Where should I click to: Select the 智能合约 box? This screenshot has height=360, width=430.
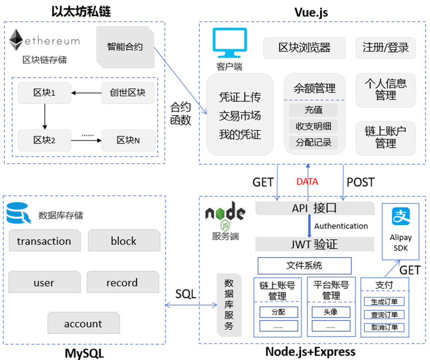tap(124, 47)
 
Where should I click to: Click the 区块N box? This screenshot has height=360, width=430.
tap(128, 140)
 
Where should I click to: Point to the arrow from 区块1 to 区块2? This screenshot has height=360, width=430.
tap(44, 115)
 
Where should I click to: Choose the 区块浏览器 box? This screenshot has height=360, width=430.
tap(304, 48)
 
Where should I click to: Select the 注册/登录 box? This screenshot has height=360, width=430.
tap(386, 48)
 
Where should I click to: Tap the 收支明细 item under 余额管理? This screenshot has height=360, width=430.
tap(313, 126)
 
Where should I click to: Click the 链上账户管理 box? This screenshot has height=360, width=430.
tap(386, 137)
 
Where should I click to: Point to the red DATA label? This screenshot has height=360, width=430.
tap(307, 182)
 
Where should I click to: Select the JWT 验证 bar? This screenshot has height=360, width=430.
tap(315, 244)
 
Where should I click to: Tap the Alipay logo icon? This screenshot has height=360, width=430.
tap(400, 217)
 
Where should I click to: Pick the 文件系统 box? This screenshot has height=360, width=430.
tap(304, 266)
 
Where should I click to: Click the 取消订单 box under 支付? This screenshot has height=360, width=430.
tap(384, 327)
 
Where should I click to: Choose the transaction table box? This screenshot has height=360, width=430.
tap(44, 241)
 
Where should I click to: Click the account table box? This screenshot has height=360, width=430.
tap(83, 324)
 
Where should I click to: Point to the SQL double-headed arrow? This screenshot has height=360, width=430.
tap(191, 305)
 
